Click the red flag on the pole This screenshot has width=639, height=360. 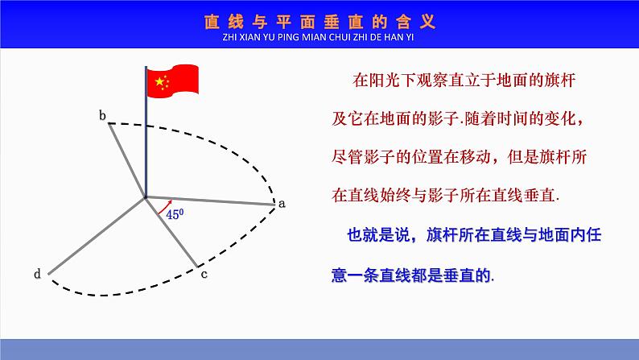(171, 81)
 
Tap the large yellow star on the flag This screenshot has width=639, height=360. (159, 81)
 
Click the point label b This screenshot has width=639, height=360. (102, 116)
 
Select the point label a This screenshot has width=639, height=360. (282, 203)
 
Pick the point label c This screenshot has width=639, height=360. (204, 275)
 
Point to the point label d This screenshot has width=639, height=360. (37, 275)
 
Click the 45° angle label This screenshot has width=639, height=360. (174, 215)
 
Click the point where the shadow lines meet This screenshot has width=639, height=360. (146, 196)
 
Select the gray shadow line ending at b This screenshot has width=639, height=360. (126, 159)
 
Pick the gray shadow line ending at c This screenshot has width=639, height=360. (171, 230)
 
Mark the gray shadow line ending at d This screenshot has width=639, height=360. (97, 234)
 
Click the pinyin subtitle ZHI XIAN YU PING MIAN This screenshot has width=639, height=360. (319, 37)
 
